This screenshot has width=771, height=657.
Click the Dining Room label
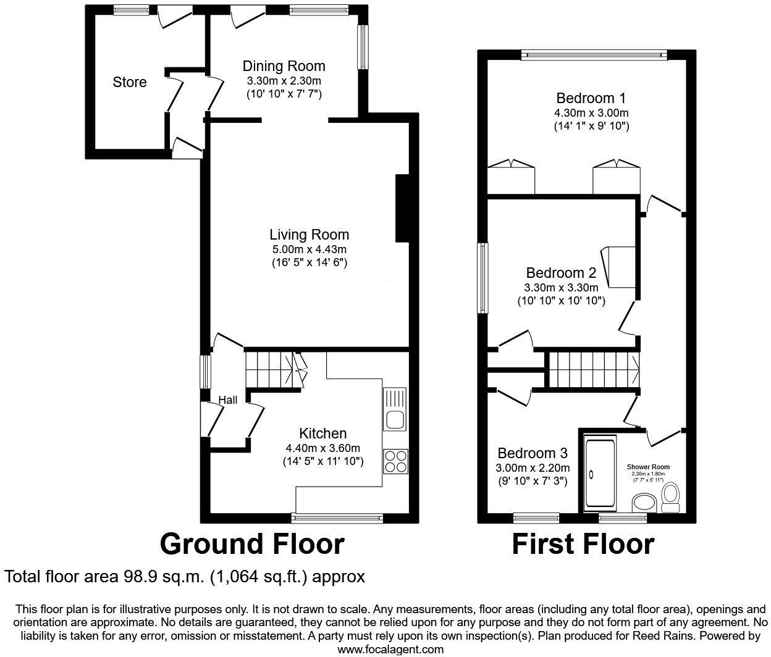coord(284,66)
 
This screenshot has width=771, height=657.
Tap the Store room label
coord(129,82)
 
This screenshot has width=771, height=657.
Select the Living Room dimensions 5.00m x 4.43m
coord(309,249)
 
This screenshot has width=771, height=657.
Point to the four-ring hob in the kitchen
coord(395,461)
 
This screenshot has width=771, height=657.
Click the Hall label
coord(227,400)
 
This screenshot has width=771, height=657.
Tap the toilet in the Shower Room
coord(669,497)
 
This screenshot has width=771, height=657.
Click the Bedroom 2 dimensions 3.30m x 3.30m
coord(561,288)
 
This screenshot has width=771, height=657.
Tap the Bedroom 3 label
coord(533,453)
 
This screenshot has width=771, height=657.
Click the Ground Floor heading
coord(251,544)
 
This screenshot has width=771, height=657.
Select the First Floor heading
coord(583,544)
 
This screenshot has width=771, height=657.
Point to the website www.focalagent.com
coord(390,649)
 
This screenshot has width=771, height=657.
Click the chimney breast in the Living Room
coord(402,208)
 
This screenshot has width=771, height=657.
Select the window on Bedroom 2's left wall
coord(482,278)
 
